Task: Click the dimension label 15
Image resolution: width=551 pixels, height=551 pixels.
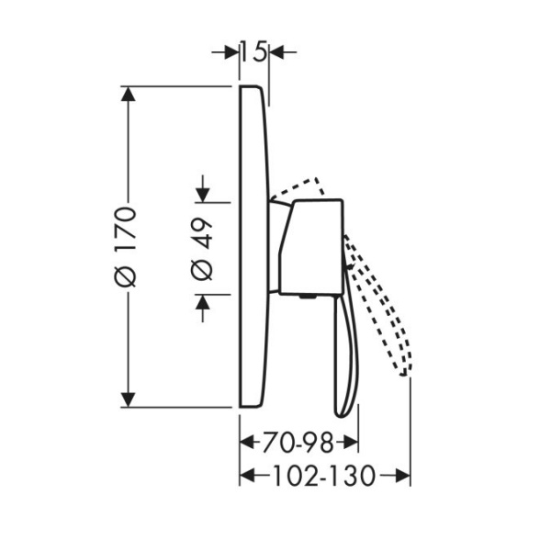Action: [254, 52]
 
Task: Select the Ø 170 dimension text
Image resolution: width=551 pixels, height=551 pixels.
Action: [126, 247]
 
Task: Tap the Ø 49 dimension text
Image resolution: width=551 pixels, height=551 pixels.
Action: [202, 250]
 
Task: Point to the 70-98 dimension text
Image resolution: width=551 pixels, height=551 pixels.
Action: [298, 444]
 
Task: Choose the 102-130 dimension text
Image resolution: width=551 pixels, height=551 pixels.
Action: [324, 476]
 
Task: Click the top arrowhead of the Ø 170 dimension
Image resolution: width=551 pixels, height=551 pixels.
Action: [128, 95]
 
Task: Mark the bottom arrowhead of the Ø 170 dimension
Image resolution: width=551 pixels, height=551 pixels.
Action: [128, 399]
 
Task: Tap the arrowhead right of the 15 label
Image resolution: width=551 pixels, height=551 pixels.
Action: [276, 52]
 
